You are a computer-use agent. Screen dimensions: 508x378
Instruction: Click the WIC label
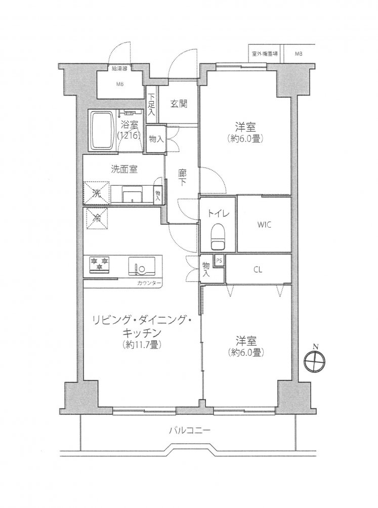(264, 225)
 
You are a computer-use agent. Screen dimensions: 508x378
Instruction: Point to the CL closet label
(258, 270)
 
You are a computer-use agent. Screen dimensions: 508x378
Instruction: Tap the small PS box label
(219, 261)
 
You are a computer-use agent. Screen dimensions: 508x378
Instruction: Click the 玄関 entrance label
(179, 104)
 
